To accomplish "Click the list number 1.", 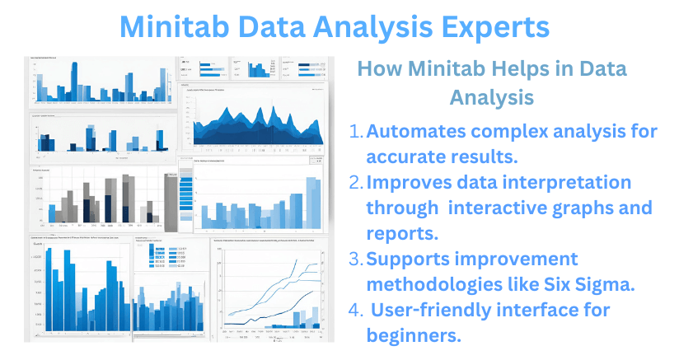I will pos(355,132).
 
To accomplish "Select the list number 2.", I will pos(355,183).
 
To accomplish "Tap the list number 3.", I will pos(355,259).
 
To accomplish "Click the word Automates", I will pos(415,132).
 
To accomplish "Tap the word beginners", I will pos(413,336).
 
